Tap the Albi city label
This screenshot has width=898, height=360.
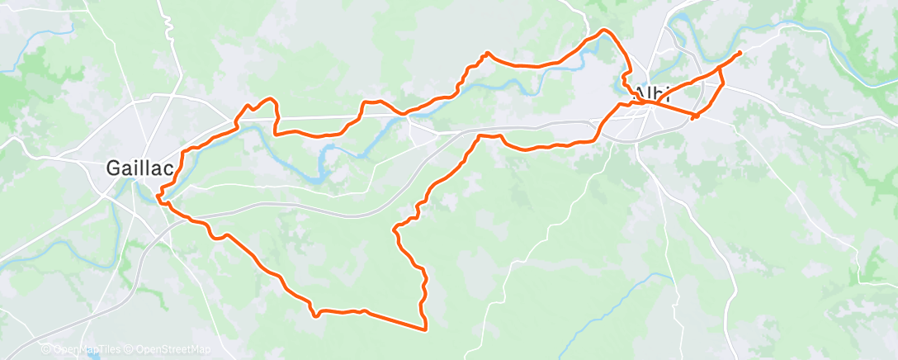tap(652, 92)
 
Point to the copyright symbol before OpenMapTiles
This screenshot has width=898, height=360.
tap(46, 349)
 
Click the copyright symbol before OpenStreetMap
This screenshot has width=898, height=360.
tap(131, 349)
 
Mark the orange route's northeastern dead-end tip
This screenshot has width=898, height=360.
tap(739, 52)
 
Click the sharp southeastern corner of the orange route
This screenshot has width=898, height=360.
tap(425, 329)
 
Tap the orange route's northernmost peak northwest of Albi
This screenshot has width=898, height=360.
tap(605, 31)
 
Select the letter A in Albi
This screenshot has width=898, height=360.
tap(636, 92)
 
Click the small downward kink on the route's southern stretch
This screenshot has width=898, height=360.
tap(314, 315)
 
